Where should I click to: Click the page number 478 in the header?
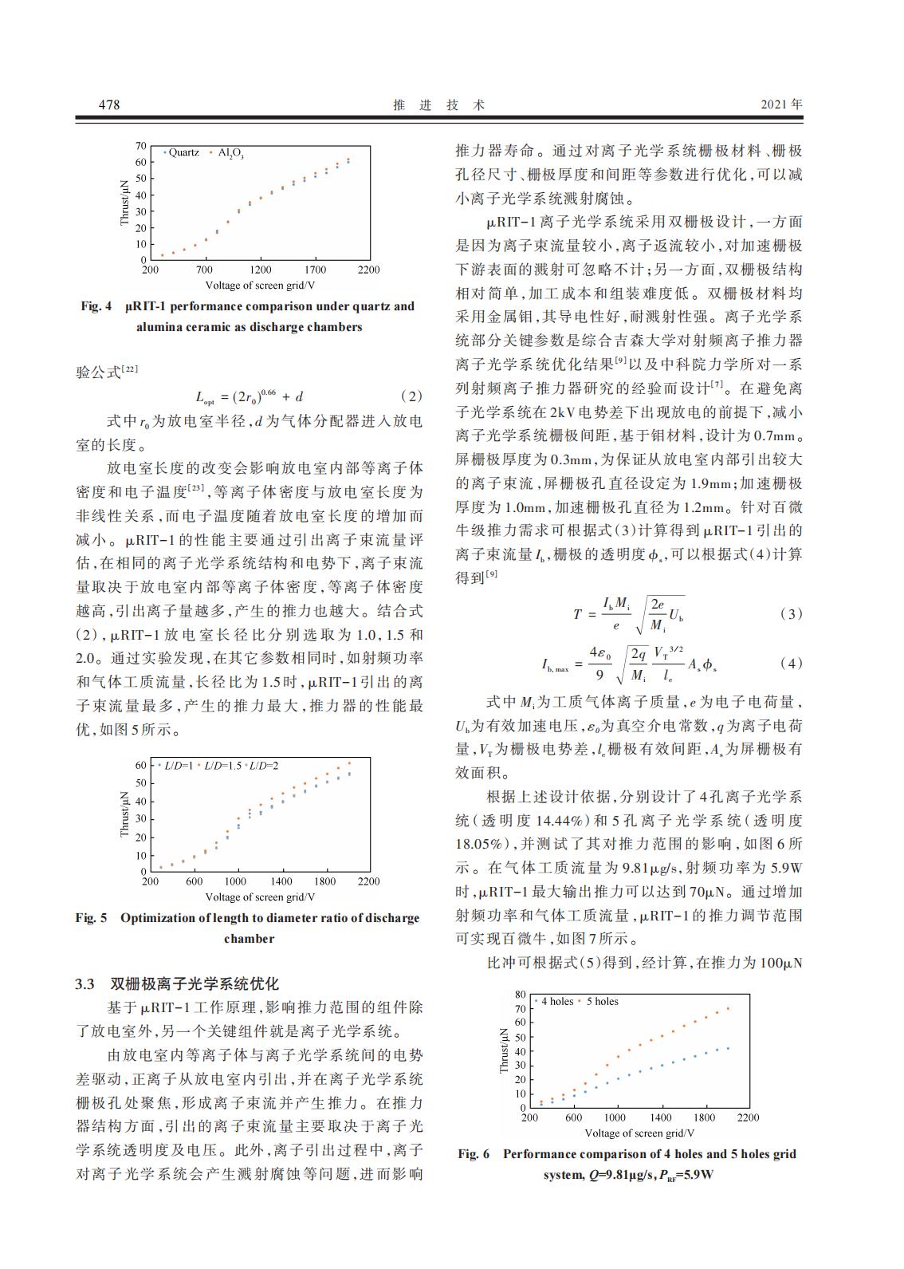108,104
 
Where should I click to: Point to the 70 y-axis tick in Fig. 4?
141,146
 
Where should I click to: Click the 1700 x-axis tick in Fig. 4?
316,270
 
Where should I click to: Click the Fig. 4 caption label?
96,306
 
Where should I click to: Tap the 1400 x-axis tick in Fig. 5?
281,882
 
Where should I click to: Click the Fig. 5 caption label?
91,918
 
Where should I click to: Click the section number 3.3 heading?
85,983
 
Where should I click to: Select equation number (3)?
789,614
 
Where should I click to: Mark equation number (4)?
789,664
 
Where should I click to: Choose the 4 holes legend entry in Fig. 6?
557,1002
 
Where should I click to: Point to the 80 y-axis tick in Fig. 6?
521,995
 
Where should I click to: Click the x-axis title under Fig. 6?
639,1133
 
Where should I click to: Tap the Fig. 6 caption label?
474,1154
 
